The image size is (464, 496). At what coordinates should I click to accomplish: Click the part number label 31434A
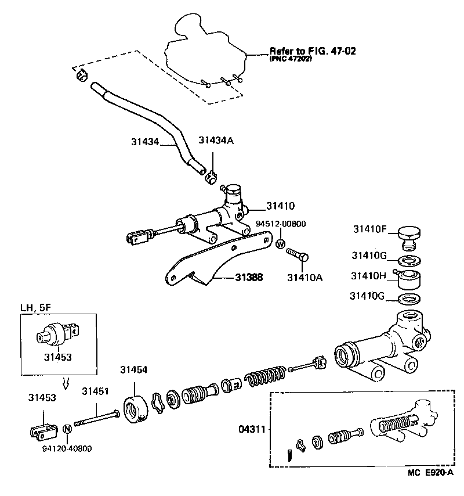click(x=216, y=140)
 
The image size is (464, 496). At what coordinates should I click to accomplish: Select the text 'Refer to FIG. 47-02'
click(x=312, y=51)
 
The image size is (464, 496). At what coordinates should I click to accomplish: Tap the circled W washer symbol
click(x=280, y=244)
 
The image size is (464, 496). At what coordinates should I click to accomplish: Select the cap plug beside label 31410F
click(x=408, y=237)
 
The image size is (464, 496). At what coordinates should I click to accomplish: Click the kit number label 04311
click(x=251, y=430)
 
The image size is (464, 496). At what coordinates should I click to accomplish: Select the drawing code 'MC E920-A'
click(x=430, y=488)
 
